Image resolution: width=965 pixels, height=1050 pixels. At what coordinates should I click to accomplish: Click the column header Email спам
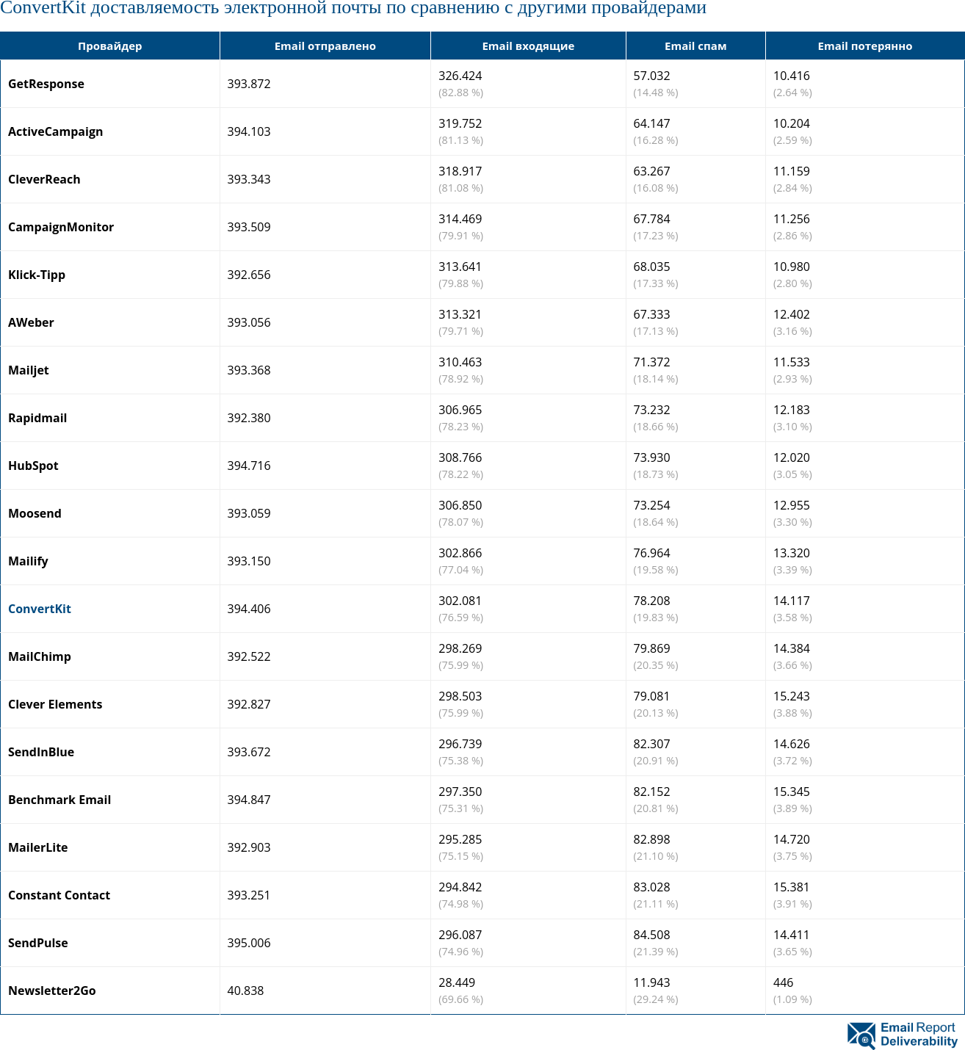pos(695,46)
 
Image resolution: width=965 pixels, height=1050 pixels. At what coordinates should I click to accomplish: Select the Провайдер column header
pos(109,46)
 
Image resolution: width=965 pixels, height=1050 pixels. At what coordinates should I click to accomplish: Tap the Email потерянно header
pos(864,46)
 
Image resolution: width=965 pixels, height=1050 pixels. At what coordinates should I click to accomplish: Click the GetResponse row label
pos(46,84)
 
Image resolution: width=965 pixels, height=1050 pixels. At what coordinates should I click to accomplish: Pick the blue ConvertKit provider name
pos(40,609)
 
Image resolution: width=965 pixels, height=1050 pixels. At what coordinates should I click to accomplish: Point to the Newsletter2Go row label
pos(52,991)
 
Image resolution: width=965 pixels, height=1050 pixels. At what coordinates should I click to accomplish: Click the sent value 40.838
pos(245,991)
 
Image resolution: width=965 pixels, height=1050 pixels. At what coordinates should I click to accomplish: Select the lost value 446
pos(783,982)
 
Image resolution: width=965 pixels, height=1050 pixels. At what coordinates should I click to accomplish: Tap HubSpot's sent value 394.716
pos(249,466)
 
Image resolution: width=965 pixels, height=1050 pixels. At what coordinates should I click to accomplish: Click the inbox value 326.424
pos(460,76)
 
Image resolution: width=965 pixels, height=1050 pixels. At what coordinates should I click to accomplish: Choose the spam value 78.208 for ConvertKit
pos(651,601)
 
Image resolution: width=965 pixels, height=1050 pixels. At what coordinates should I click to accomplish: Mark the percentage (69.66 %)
pos(460,999)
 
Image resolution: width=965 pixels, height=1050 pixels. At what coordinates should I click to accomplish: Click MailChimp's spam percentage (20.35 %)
pos(656,665)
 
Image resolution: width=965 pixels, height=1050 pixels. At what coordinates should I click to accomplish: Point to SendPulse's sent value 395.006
pos(249,943)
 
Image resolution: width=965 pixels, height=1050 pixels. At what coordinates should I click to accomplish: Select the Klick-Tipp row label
pos(37,275)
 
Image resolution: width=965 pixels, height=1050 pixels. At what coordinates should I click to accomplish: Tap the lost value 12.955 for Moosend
pos(791,505)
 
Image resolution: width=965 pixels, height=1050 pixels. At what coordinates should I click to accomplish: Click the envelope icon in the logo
pos(861,1035)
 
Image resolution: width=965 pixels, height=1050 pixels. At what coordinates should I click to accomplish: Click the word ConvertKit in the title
pos(43,8)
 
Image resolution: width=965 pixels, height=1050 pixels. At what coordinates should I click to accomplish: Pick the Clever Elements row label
pos(55,704)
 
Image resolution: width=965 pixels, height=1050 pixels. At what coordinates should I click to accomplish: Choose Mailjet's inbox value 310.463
pos(460,362)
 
